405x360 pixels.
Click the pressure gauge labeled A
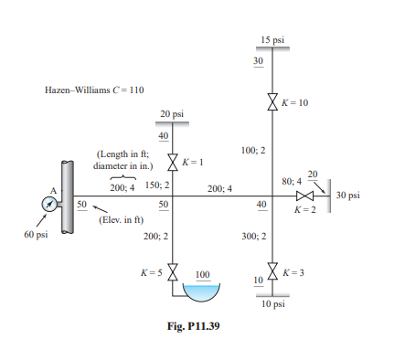(48, 203)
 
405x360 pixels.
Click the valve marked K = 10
(272, 102)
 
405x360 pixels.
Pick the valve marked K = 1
(173, 161)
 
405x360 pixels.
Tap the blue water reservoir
(202, 291)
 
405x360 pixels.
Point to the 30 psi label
(348, 196)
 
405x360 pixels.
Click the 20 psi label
(172, 114)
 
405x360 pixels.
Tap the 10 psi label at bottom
(272, 304)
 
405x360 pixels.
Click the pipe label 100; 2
(253, 149)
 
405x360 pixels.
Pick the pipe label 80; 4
(293, 182)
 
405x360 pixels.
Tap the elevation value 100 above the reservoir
(202, 274)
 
